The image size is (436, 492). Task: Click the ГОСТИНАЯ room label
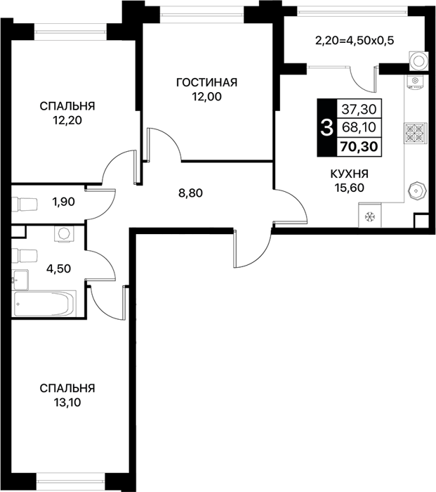click(207, 82)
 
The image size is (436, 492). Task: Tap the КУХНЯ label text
click(350, 174)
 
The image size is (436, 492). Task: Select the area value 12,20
click(67, 120)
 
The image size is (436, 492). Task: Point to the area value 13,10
click(67, 402)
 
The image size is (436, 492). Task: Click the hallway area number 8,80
click(190, 193)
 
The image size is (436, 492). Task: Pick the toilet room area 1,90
click(64, 202)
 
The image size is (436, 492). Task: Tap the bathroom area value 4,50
click(58, 268)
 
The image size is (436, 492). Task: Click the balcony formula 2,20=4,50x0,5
click(355, 41)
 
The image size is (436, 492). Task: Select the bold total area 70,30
click(359, 146)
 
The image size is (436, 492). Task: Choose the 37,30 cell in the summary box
click(359, 109)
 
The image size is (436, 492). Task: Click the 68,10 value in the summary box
click(359, 127)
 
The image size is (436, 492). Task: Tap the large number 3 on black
click(327, 128)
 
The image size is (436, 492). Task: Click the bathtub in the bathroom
click(44, 304)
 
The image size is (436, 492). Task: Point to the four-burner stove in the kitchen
click(416, 133)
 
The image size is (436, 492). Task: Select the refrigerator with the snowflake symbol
click(370, 215)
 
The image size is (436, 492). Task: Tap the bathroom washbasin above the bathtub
click(20, 280)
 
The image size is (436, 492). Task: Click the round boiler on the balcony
click(418, 61)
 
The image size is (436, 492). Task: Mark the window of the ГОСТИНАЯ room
click(202, 14)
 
